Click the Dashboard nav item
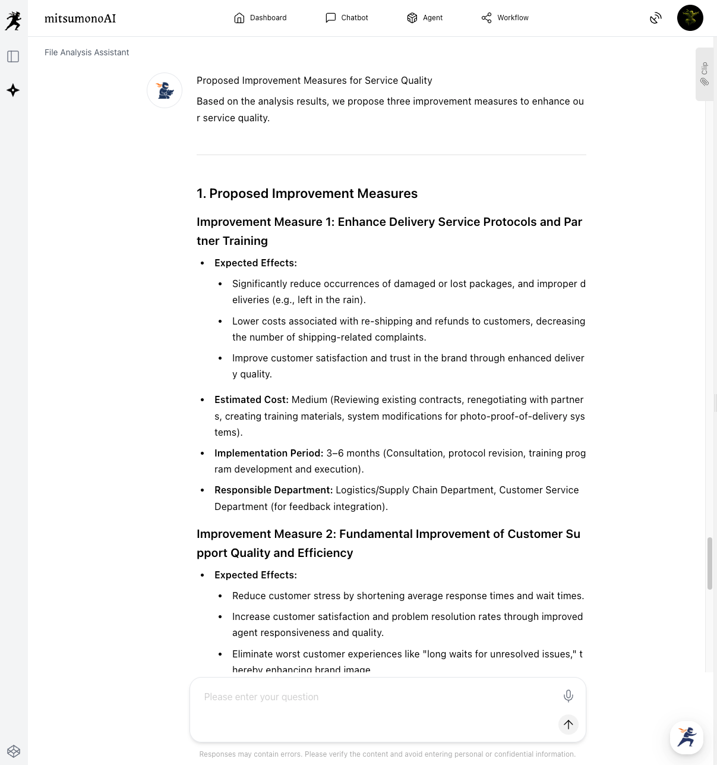(x=260, y=18)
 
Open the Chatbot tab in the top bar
(x=347, y=18)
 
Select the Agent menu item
(x=425, y=18)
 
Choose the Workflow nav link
(x=505, y=18)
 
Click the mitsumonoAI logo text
(x=80, y=18)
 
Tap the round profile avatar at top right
(x=690, y=18)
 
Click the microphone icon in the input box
(x=568, y=696)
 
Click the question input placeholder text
(x=261, y=697)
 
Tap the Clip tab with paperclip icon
(x=705, y=74)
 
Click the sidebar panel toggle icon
(x=13, y=56)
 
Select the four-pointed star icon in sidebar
(x=13, y=90)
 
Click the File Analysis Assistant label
(x=87, y=52)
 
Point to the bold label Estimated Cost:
(x=251, y=399)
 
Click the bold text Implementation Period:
(x=269, y=453)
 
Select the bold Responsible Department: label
(x=273, y=490)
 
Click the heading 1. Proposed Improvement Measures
(x=307, y=193)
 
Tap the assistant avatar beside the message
(x=165, y=90)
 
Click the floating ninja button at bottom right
(x=687, y=737)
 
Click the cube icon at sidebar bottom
(x=14, y=751)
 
